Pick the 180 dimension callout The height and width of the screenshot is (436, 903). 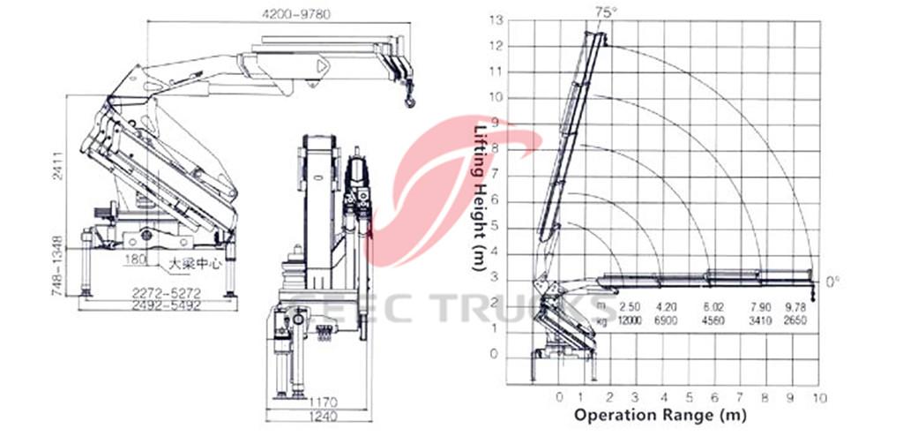pos(136,259)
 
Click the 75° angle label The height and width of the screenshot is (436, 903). pos(604,11)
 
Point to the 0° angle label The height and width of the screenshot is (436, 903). pos(833,282)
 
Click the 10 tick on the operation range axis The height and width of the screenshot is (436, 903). pos(819,396)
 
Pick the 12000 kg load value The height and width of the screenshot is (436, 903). pos(630,319)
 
